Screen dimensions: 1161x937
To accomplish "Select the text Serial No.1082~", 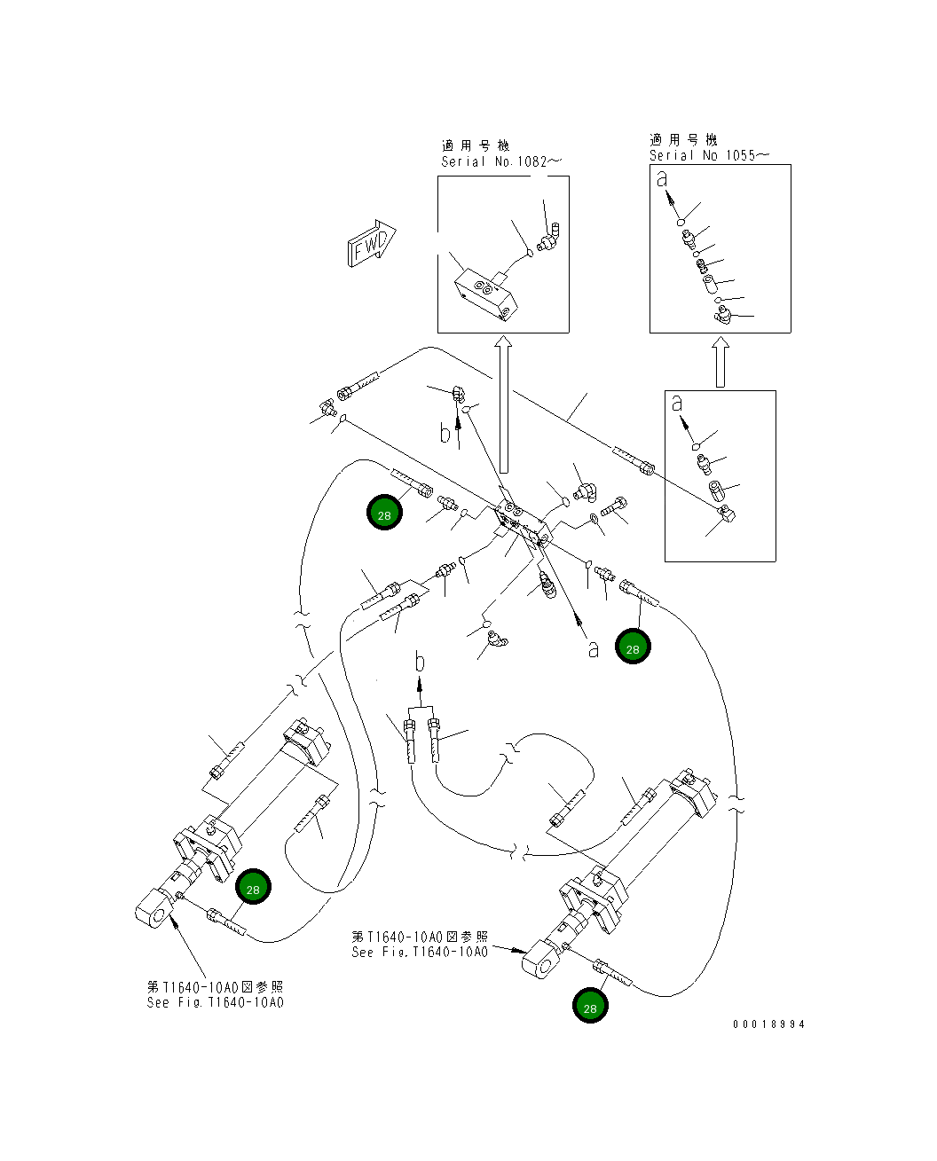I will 501,161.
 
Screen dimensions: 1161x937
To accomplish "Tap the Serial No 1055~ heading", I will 708,155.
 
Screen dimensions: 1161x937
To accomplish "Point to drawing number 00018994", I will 768,1024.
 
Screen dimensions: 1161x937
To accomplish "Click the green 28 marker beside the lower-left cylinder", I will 253,888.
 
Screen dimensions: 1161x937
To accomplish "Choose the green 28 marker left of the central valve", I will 384,514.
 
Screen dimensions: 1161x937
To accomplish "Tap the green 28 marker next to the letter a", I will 633,647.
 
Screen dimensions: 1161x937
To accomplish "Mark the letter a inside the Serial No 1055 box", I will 661,179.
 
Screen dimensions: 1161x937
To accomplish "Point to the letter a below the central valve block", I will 593,649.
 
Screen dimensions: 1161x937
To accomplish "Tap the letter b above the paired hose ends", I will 421,662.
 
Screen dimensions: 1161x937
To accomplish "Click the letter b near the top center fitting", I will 445,434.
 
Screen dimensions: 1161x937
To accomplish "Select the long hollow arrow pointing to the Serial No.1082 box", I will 503,404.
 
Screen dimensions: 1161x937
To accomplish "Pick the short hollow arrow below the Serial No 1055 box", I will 720,364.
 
